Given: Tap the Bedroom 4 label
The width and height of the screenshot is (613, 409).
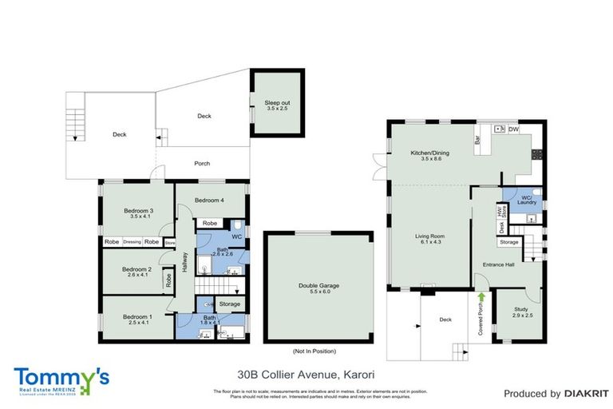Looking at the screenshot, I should (208, 200).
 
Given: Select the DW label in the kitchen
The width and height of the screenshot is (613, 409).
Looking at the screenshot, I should (513, 129).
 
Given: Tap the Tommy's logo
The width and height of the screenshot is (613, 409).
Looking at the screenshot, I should (61, 378).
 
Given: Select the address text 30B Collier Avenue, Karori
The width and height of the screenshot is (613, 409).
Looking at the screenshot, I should (306, 373).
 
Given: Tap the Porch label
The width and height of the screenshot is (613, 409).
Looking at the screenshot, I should (203, 164).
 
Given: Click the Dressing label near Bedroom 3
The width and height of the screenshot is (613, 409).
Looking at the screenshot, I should (132, 241).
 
